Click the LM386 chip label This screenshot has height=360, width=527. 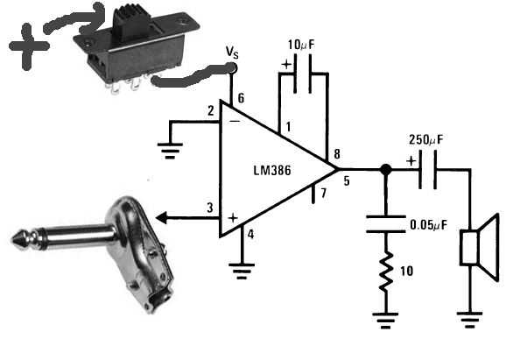272,171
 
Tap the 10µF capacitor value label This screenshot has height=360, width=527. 301,45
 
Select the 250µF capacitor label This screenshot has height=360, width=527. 425,139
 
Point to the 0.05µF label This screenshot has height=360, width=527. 429,225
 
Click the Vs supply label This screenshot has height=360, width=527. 232,52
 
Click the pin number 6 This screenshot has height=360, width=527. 241,98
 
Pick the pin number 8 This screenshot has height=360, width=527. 337,154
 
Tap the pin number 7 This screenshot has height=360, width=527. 323,193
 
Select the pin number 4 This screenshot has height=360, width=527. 250,234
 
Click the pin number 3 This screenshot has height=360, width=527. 210,208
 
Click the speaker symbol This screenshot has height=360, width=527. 480,247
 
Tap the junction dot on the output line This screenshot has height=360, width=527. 385,169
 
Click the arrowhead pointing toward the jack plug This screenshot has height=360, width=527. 161,218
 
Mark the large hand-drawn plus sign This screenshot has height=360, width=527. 29,46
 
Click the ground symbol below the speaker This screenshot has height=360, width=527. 469,320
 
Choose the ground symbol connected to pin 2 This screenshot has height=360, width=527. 170,151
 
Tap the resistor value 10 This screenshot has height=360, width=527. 406,271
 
